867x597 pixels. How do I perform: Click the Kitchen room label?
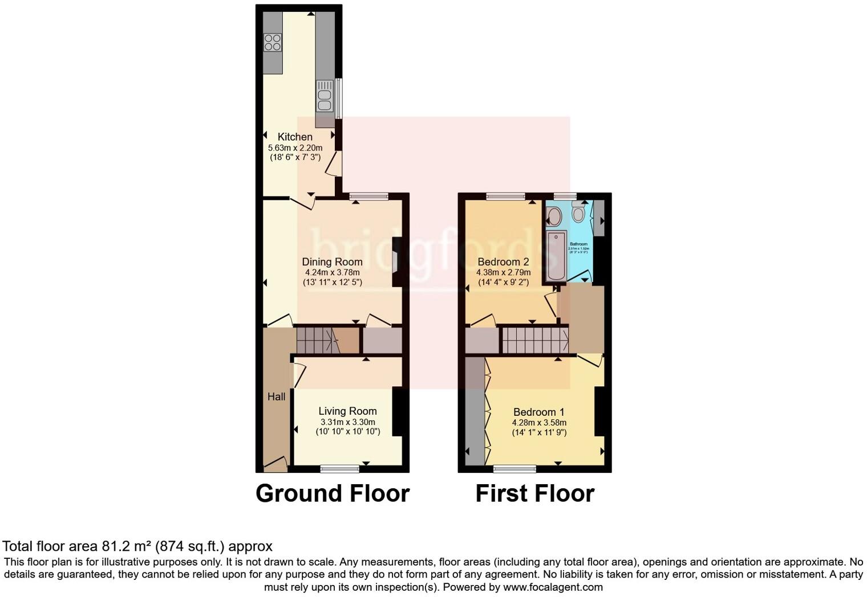pos(295,137)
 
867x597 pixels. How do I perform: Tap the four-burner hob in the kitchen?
pos(273,43)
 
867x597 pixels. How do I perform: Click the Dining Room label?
pos(332,262)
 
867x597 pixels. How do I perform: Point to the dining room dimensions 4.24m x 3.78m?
pos(332,272)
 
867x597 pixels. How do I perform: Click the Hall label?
pos(277,396)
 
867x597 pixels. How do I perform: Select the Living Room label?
pos(347,411)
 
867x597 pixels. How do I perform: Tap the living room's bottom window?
pos(340,469)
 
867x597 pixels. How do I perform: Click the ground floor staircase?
pos(317,340)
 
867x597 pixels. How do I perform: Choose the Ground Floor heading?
pos(333,493)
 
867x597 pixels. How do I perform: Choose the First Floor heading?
pos(535,493)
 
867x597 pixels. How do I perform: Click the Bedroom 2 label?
pos(503,262)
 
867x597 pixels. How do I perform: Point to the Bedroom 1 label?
pos(539,412)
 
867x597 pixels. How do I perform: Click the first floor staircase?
pos(535,340)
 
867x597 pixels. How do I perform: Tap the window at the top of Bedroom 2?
pos(505,197)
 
